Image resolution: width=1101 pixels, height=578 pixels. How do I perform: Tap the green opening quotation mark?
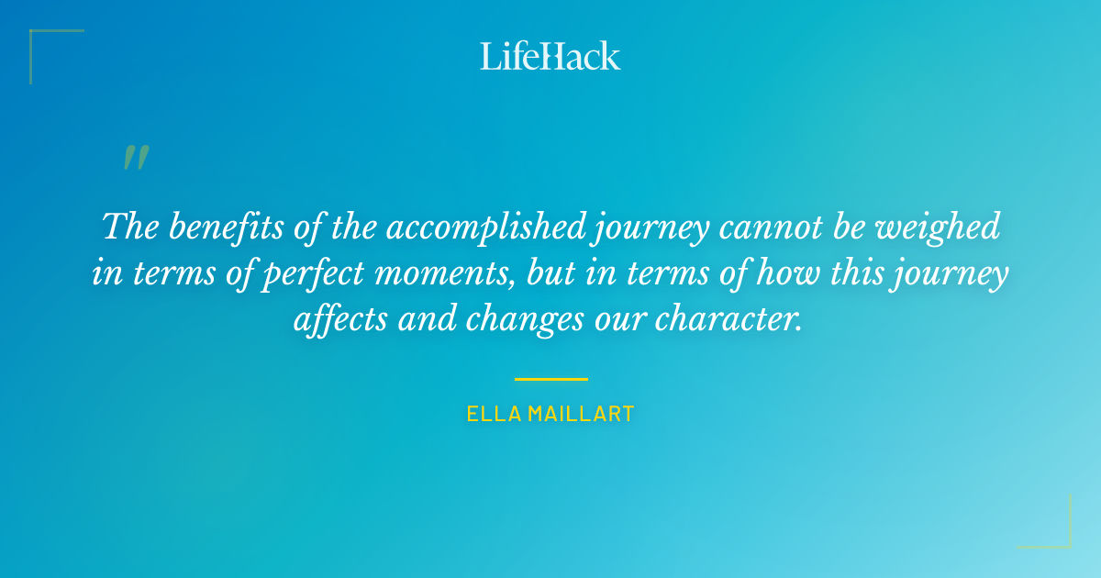click(x=136, y=159)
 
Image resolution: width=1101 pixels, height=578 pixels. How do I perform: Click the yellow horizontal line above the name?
click(x=550, y=378)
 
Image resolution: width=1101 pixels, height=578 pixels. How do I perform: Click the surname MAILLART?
click(x=582, y=415)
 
